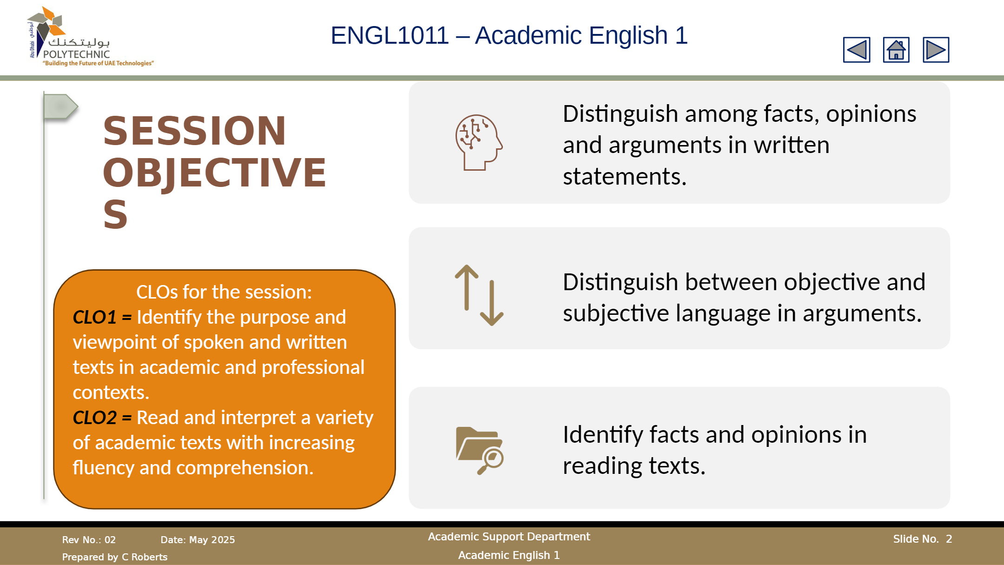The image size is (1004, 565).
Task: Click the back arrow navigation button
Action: coord(857,50)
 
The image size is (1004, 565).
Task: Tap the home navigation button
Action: coord(896,50)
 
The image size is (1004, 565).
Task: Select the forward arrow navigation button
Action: coord(936,50)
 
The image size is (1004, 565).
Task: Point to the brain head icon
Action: coord(479,142)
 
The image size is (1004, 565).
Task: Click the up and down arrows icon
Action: coord(479,295)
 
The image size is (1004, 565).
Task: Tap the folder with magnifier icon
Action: coord(480,450)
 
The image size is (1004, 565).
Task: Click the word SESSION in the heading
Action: coord(194,131)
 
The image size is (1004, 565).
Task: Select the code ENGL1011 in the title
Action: coord(390,35)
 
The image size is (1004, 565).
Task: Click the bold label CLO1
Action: coord(94,317)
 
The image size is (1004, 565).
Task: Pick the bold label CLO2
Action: coord(94,418)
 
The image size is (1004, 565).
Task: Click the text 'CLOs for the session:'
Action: coord(224,292)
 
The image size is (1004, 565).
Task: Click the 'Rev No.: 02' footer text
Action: coord(89,540)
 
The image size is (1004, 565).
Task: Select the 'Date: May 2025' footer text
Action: coord(198,540)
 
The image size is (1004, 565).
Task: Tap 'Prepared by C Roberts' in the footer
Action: coord(115,557)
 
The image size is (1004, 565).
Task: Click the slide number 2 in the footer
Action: coord(949,539)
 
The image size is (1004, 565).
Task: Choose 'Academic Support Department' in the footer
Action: coord(509,537)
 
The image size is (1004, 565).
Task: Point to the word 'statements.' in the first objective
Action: coord(625,177)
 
